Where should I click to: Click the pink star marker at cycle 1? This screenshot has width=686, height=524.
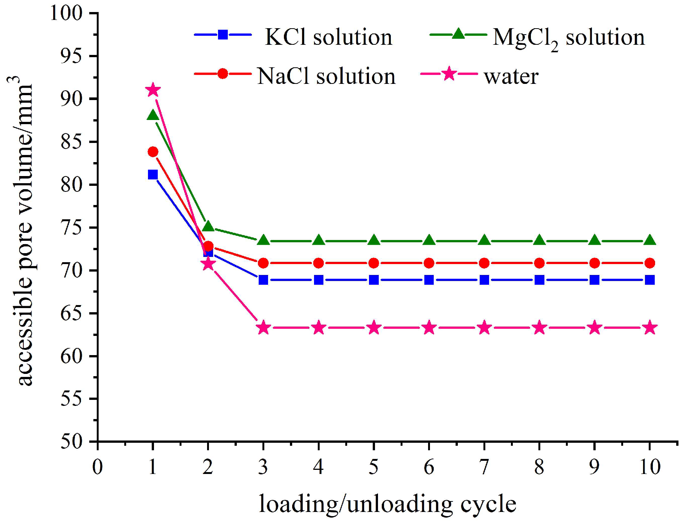click(x=153, y=90)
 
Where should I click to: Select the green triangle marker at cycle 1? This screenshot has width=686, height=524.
click(x=153, y=115)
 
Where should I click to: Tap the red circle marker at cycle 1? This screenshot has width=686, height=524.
click(x=153, y=152)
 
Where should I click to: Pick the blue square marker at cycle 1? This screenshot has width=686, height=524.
click(x=153, y=175)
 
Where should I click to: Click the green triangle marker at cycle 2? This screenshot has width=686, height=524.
click(x=208, y=226)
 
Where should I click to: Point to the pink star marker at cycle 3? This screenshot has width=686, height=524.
click(x=264, y=328)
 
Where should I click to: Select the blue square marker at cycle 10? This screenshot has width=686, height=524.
click(x=650, y=280)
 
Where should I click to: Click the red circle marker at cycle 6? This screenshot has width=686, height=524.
click(x=429, y=263)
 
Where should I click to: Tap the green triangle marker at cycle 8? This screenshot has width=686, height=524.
click(x=540, y=240)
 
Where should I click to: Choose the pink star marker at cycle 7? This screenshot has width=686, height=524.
click(x=485, y=328)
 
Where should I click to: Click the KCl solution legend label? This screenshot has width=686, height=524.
click(x=328, y=37)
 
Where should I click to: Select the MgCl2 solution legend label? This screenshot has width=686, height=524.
click(x=569, y=38)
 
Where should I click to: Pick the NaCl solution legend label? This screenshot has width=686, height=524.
click(x=326, y=76)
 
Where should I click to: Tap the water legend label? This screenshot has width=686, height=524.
click(x=511, y=77)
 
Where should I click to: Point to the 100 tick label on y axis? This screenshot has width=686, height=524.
click(x=66, y=13)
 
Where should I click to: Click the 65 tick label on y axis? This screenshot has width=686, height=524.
click(x=72, y=313)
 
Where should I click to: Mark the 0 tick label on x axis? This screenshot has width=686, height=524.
click(x=98, y=467)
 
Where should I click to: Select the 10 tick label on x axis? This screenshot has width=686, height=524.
click(x=650, y=467)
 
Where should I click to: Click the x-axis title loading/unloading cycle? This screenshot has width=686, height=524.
click(x=387, y=504)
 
